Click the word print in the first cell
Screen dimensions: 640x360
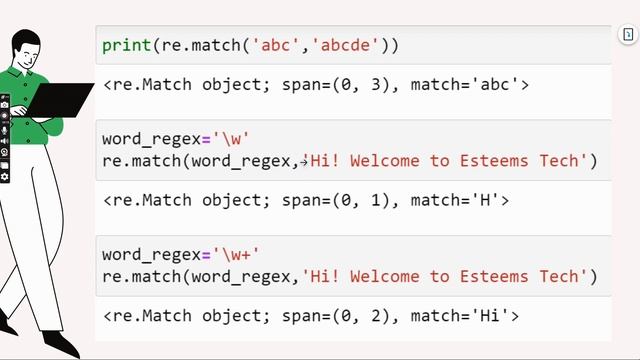pyautogui.click(x=125, y=45)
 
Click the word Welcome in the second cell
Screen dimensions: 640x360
pyautogui.click(x=389, y=160)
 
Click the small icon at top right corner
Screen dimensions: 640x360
pyautogui.click(x=628, y=35)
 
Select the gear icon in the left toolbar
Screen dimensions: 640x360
pyautogui.click(x=5, y=176)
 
